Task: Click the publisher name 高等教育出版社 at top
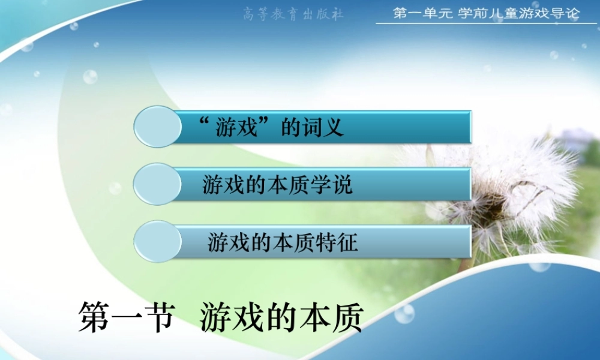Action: tap(293, 14)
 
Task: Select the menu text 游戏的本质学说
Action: tap(277, 185)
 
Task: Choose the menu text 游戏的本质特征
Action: tap(283, 242)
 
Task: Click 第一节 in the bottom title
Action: tap(126, 317)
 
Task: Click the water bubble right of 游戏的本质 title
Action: tap(404, 313)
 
